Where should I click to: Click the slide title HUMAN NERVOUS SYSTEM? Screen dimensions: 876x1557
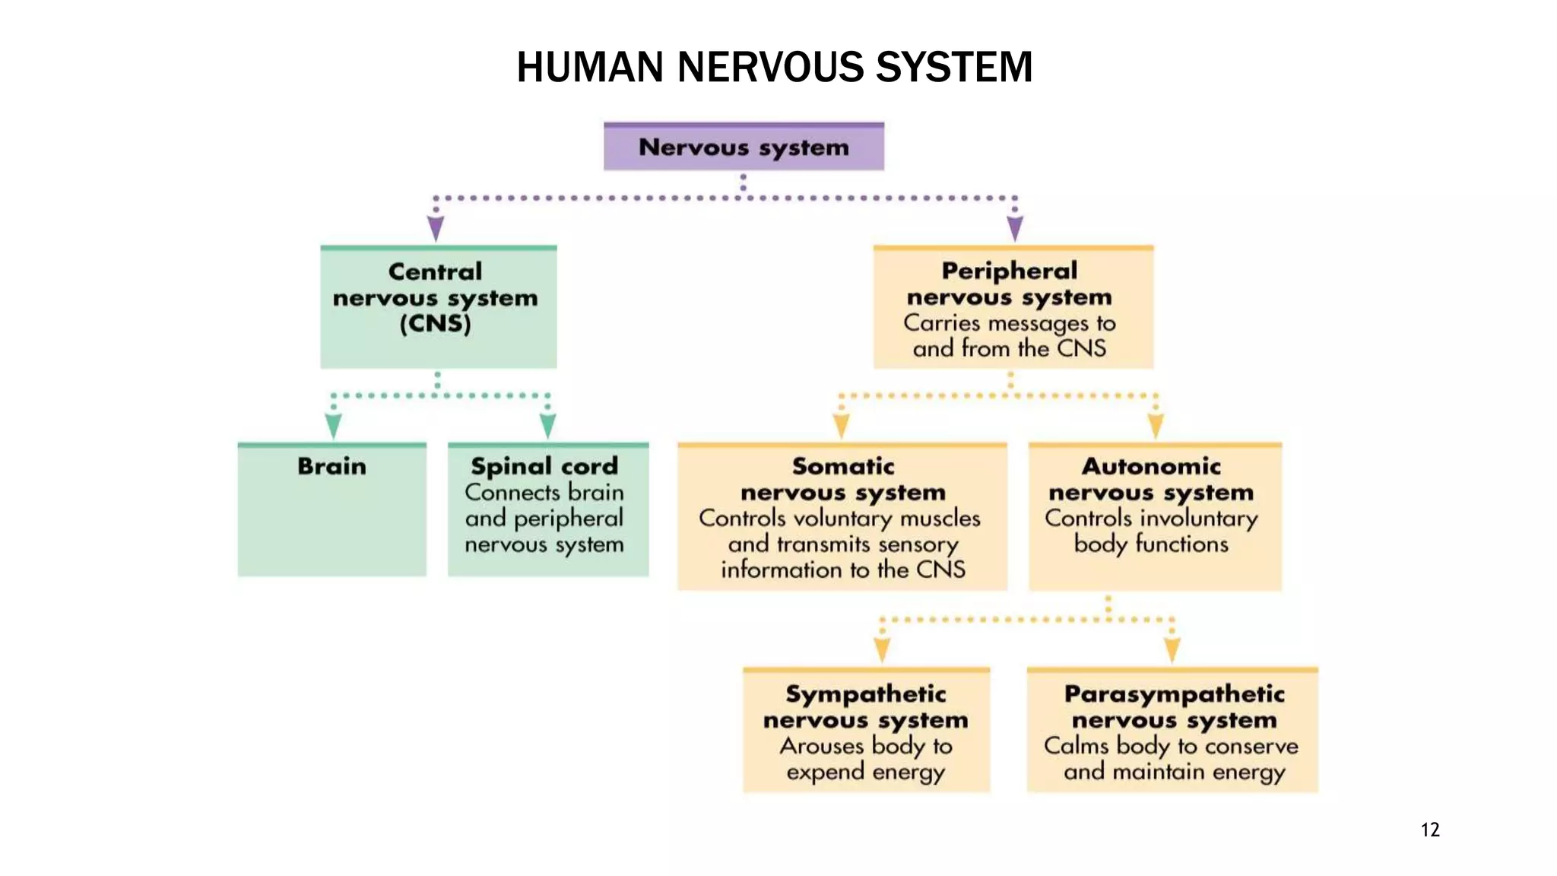(774, 67)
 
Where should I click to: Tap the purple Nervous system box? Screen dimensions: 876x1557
(744, 147)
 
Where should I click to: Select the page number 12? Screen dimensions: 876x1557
(1429, 830)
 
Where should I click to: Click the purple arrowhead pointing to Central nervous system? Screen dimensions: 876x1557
(436, 227)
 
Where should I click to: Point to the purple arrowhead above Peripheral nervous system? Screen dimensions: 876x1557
(1015, 227)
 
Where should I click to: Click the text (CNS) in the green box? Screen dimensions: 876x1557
(436, 324)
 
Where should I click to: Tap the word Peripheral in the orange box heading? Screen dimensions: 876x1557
(1009, 271)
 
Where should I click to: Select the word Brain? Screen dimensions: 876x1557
(331, 466)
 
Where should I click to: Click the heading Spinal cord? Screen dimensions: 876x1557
(544, 466)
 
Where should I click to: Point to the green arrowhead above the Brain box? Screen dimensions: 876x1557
(333, 424)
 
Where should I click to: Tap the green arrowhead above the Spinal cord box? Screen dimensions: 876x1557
(547, 424)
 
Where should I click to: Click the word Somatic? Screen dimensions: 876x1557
(842, 466)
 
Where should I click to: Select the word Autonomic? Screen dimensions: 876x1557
(1151, 466)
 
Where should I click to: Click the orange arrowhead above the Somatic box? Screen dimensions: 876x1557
(841, 424)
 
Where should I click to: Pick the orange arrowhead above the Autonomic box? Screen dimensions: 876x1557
(1156, 424)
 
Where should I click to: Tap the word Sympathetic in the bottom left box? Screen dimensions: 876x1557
(865, 693)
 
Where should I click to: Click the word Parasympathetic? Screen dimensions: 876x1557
(1174, 693)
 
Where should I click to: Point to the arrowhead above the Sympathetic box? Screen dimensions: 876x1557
(882, 649)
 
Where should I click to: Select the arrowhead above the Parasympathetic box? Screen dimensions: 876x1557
(1172, 649)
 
